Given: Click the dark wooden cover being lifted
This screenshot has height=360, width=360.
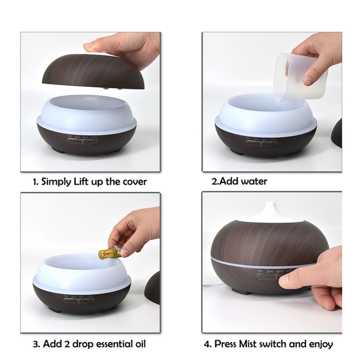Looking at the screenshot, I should point(93,72).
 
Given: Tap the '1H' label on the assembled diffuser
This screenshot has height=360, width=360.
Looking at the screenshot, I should point(260,271).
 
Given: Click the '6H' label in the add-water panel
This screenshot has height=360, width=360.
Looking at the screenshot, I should point(264,139).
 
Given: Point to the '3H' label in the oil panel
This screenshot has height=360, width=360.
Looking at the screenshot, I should point(73,296).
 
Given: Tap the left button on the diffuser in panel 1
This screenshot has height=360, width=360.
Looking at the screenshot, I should point(74,142).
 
